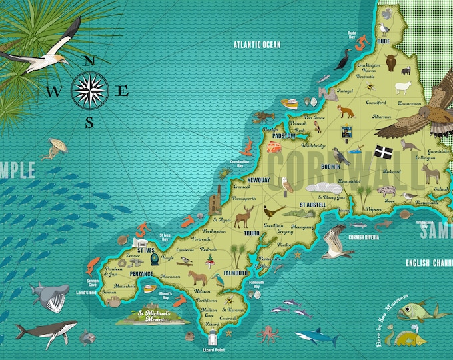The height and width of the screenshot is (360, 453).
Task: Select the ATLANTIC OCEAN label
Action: coord(257,45)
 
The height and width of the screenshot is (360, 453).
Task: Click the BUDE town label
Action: coord(383,41)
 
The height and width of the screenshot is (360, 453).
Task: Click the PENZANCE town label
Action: coord(141,274)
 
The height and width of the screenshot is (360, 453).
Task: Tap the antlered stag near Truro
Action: coord(244,215)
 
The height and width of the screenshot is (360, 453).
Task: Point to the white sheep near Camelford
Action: coord(402,87)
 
